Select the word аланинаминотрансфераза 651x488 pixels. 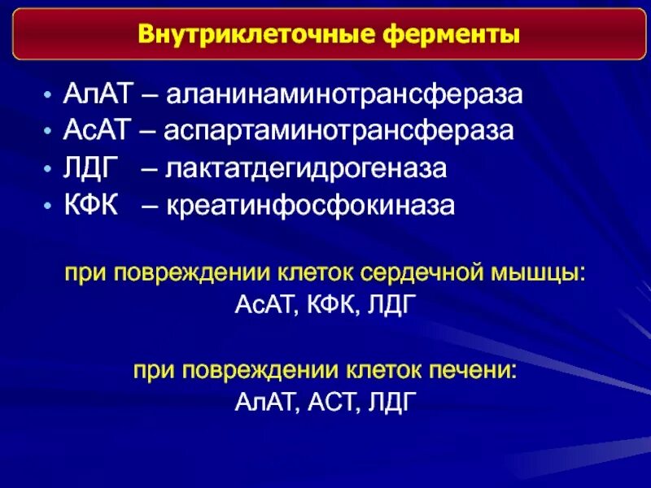344,94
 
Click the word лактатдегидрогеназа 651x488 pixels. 307,168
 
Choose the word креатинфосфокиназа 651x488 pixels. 311,205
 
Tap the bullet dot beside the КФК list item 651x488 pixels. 50,207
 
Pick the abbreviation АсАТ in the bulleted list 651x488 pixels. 96,131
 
